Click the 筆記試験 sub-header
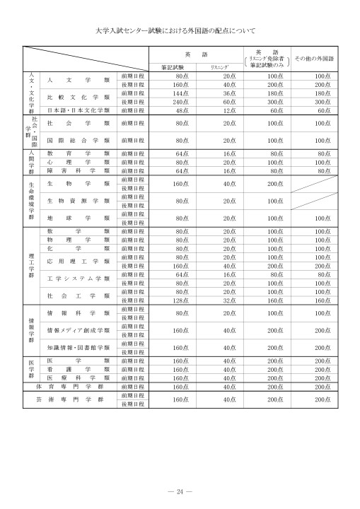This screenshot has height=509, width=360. tap(172, 66)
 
